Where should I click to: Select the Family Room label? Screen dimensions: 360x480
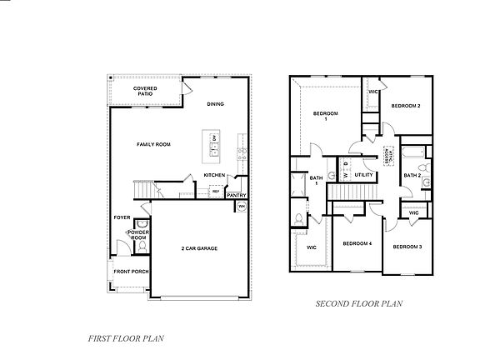153,144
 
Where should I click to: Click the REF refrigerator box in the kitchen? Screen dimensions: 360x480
215,192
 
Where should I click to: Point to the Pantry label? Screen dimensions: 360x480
237,195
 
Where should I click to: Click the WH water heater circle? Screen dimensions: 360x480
242,206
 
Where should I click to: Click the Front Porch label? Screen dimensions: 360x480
132,272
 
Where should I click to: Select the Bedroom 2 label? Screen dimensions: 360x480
405,106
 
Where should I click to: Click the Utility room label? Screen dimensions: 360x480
363,175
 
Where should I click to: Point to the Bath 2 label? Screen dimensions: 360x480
412,176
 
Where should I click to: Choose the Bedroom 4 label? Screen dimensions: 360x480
357,243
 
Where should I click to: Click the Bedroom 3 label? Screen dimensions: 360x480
407,247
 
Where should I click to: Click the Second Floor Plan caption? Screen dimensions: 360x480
358,305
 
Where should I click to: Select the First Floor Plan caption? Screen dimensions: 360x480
127,338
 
